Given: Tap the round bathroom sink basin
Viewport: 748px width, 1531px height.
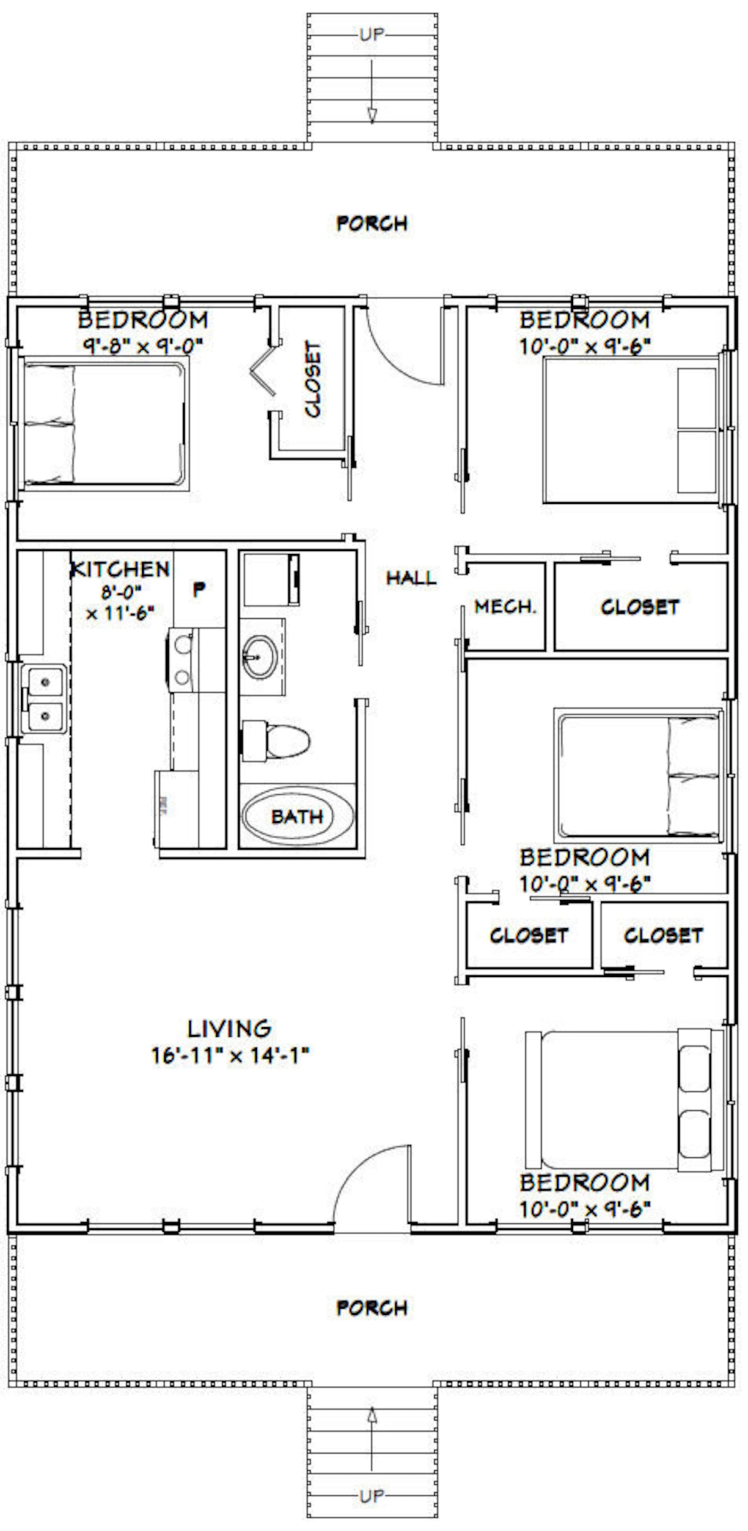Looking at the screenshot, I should [x=259, y=657].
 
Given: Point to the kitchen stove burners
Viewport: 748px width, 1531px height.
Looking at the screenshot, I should [x=182, y=660].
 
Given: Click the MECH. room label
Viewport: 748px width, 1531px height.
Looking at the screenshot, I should [x=505, y=607].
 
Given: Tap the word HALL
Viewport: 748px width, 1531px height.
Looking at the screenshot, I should [x=411, y=578].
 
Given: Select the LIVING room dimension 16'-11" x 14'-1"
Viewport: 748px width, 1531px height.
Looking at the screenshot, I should [x=230, y=1055].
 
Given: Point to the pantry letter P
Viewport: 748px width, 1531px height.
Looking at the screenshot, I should [x=199, y=589].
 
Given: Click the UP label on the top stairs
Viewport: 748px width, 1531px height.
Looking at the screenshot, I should [x=372, y=34].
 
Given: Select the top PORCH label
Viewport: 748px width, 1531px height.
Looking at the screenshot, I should [x=372, y=223].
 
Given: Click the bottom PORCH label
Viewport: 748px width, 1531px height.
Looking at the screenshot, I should [x=372, y=1308].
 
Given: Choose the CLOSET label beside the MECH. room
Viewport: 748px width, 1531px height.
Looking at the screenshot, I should [x=639, y=607].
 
